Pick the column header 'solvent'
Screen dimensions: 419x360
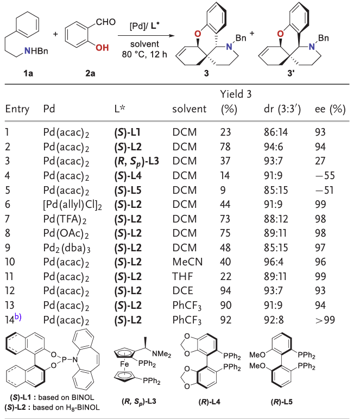click(190, 109)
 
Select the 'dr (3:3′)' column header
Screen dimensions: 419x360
click(280, 109)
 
